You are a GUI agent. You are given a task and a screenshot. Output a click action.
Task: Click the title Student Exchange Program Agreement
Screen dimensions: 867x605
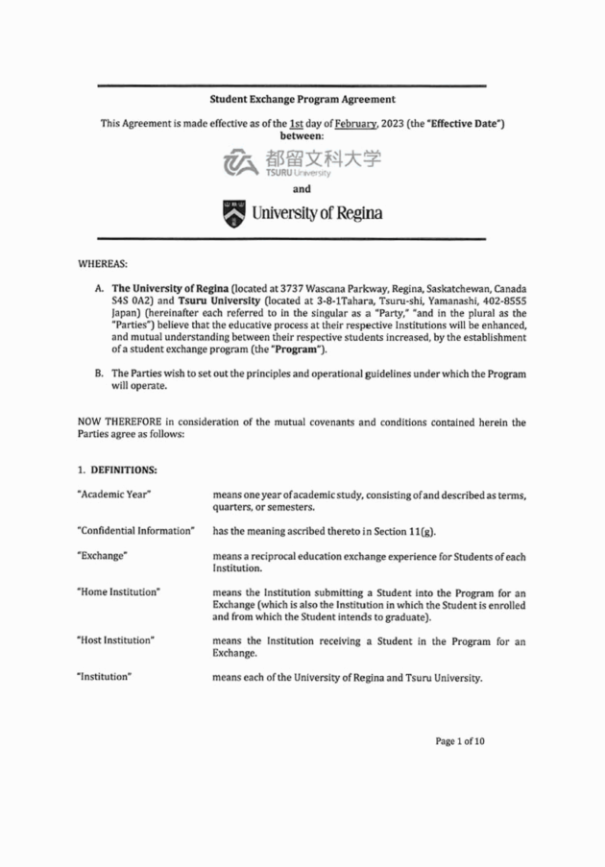tap(302, 99)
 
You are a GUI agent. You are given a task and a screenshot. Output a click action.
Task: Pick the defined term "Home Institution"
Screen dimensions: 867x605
tap(117, 592)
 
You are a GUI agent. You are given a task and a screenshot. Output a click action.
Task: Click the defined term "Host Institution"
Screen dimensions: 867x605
tap(115, 640)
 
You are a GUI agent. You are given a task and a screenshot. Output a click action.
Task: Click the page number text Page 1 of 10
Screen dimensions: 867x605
tap(460, 768)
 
